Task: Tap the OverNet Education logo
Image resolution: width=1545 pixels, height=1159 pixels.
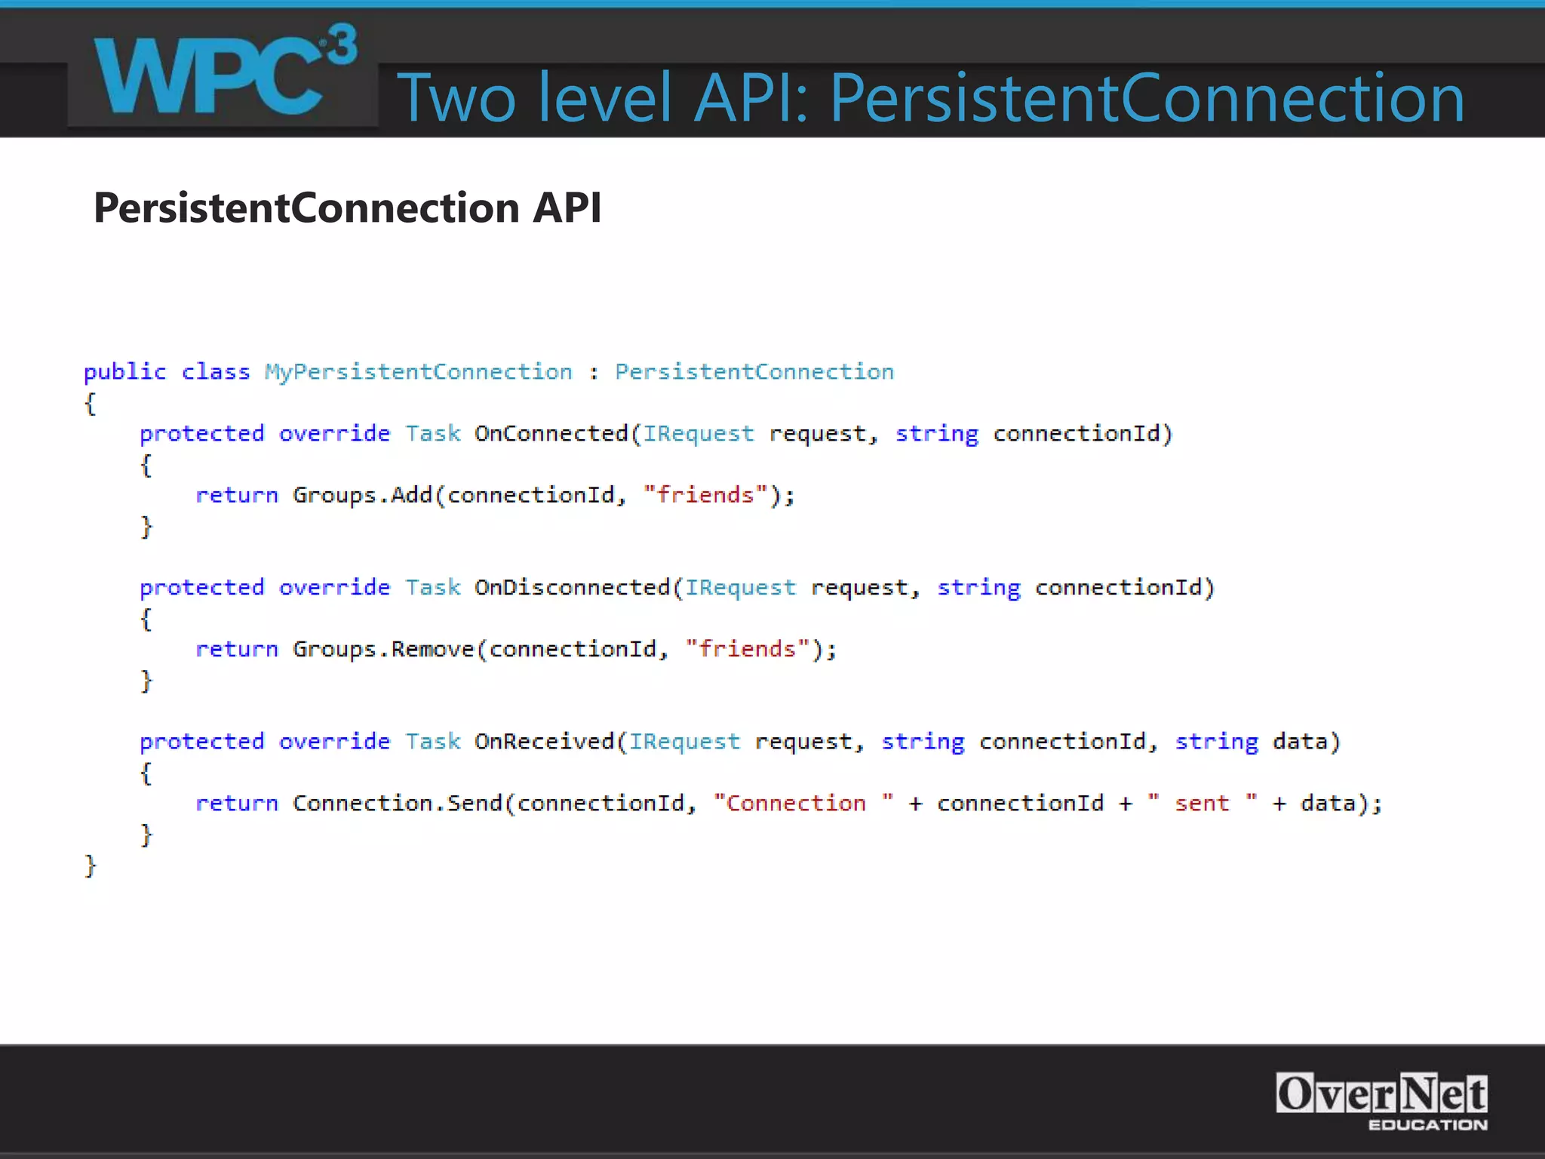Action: tap(1381, 1101)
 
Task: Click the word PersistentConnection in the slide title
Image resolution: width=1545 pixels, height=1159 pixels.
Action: tap(1147, 98)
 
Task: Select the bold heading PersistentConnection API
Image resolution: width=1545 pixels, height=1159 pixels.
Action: tap(348, 208)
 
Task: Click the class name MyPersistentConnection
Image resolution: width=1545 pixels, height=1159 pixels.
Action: tap(418, 372)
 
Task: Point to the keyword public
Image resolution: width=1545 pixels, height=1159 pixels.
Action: tap(124, 372)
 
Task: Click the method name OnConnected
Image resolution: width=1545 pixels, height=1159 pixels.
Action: tap(551, 434)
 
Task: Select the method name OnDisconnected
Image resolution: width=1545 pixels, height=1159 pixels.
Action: tap(572, 588)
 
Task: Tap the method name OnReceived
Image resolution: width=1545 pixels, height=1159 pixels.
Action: tap(544, 742)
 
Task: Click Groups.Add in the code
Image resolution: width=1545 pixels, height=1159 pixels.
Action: tap(362, 496)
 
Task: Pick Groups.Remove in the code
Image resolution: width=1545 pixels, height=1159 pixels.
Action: tap(383, 650)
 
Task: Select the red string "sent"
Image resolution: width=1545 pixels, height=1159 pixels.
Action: tap(1202, 804)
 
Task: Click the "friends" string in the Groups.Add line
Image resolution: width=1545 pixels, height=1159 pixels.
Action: tap(705, 496)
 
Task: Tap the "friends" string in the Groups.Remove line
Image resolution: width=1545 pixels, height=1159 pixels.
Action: tap(747, 650)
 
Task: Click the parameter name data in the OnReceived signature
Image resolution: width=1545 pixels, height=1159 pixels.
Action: tap(1299, 742)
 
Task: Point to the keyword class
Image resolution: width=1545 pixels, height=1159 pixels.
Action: tap(216, 372)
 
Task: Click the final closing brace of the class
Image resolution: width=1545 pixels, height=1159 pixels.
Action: tap(91, 865)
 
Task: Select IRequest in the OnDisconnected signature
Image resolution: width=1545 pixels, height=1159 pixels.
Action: tap(740, 588)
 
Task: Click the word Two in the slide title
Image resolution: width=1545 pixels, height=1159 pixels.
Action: tap(456, 98)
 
